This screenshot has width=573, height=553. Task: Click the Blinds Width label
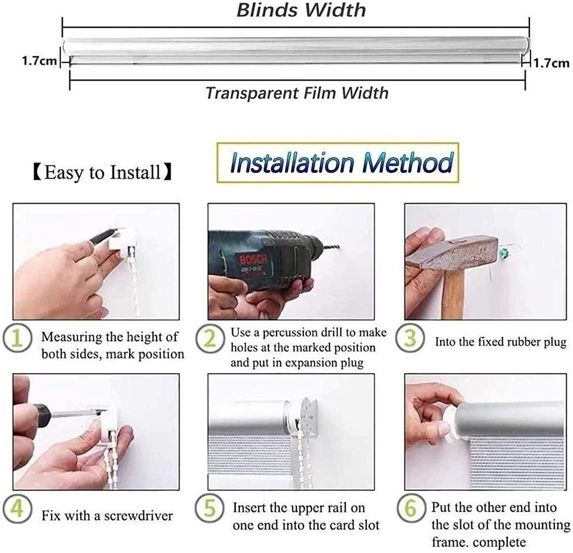click(301, 10)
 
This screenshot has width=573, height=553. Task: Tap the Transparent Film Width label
click(297, 93)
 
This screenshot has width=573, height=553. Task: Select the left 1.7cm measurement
click(39, 61)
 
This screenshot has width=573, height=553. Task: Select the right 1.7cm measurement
click(551, 63)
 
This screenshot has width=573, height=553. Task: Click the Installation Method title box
click(338, 163)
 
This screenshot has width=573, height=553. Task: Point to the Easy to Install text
click(102, 173)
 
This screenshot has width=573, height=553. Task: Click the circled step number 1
click(17, 339)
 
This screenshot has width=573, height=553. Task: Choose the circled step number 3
click(410, 339)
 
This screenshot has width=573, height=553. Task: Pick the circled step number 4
click(17, 509)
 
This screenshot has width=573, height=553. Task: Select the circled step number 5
click(210, 508)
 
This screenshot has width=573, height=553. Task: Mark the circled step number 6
click(411, 508)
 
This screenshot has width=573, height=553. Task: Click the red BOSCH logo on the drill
click(253, 261)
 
